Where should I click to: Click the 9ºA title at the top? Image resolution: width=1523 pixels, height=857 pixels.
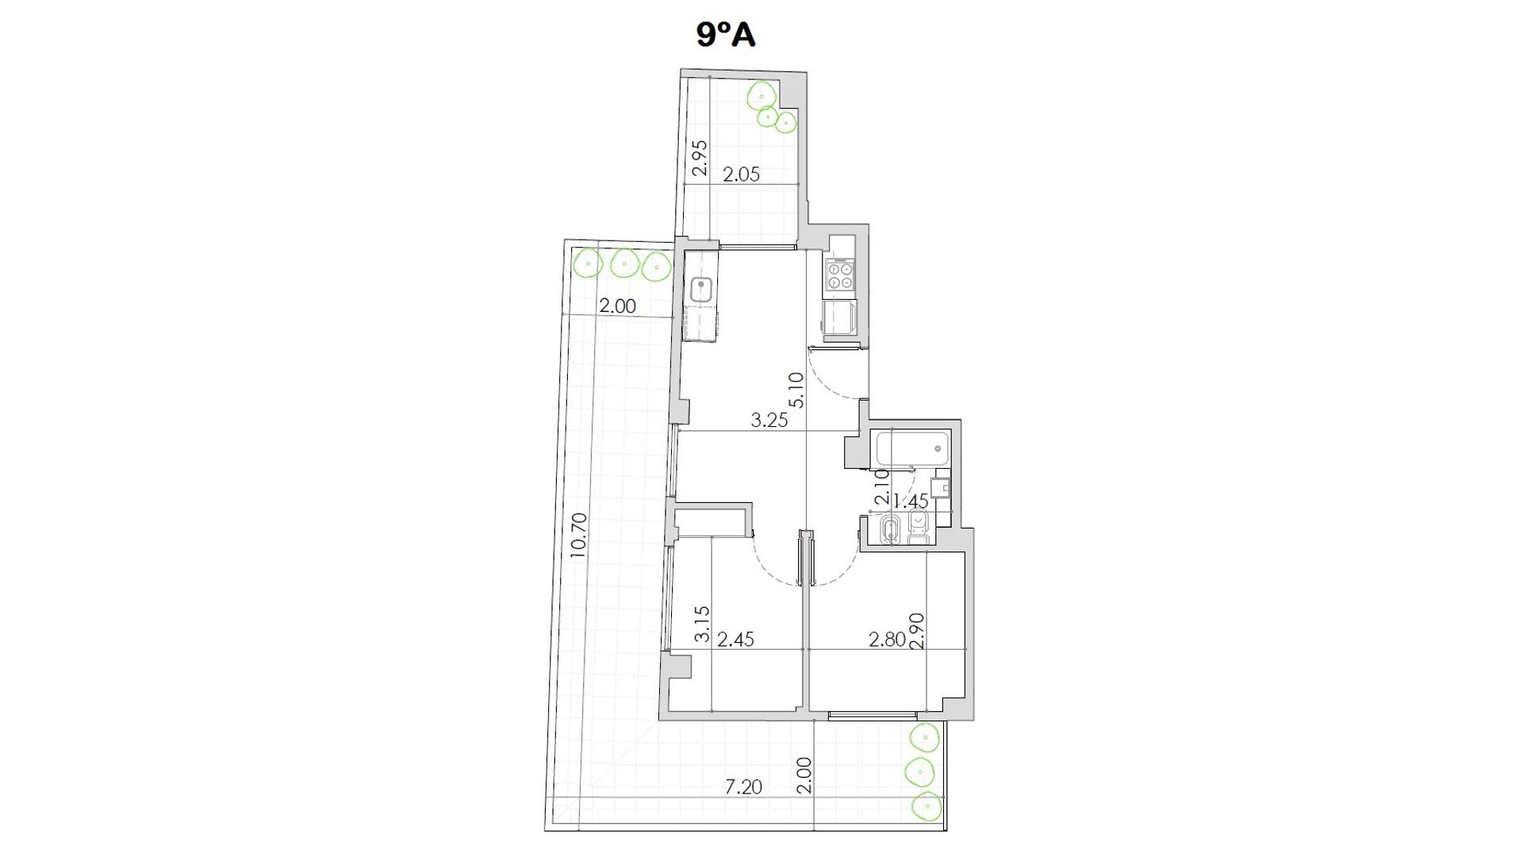pyautogui.click(x=726, y=35)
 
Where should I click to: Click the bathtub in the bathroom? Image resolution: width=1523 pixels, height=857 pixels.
pyautogui.click(x=913, y=449)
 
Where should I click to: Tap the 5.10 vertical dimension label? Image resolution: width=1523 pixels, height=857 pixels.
pyautogui.click(x=796, y=390)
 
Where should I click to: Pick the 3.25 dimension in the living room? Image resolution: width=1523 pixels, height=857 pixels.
pyautogui.click(x=769, y=421)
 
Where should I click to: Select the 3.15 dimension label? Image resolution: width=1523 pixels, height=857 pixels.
pyautogui.click(x=701, y=624)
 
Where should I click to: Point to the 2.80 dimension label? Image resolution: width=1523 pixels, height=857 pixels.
pyautogui.click(x=887, y=639)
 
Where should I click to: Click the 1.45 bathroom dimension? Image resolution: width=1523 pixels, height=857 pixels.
pyautogui.click(x=911, y=501)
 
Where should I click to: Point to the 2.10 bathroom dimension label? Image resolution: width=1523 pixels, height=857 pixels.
pyautogui.click(x=881, y=487)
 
